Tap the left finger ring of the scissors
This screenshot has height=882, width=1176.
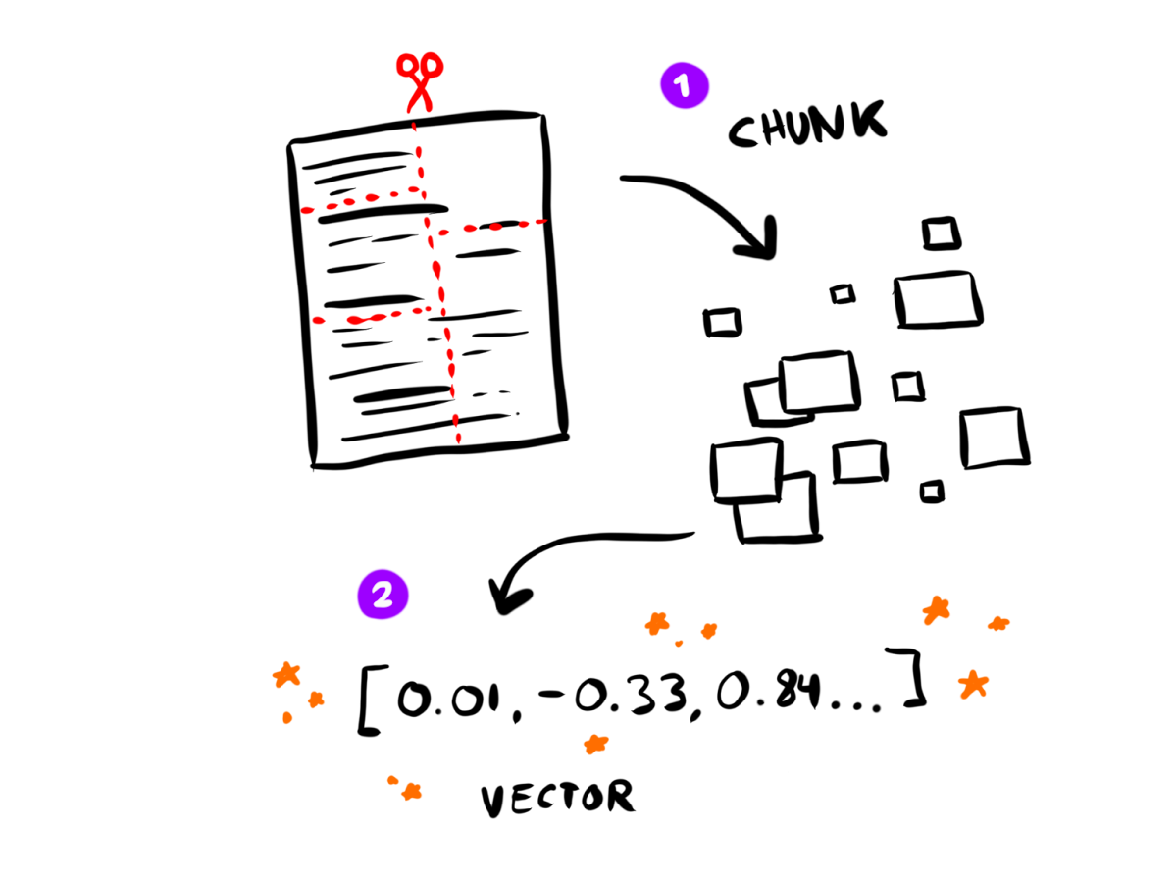point(406,65)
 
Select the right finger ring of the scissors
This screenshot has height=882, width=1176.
point(433,66)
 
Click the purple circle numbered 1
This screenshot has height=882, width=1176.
point(685,85)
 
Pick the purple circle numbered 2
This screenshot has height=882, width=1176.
point(383,595)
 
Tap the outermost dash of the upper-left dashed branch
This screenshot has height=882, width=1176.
point(307,210)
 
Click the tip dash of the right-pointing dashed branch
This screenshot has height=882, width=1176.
point(540,222)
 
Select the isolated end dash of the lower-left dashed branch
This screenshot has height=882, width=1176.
point(318,320)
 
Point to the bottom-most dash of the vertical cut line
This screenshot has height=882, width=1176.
point(458,438)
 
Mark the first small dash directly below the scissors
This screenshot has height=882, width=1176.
point(414,127)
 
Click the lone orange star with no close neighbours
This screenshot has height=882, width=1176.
point(595,744)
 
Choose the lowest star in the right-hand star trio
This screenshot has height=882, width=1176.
point(973,684)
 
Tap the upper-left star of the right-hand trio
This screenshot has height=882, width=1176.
point(937,609)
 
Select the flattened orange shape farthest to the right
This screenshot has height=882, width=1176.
point(998,623)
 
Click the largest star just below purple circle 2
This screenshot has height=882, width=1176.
point(286,674)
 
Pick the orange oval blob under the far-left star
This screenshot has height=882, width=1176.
point(287,717)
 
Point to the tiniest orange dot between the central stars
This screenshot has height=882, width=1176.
point(679,644)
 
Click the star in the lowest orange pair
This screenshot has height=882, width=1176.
point(412,791)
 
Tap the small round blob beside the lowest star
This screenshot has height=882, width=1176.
point(392,780)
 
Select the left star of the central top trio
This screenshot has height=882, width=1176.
point(656,623)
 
